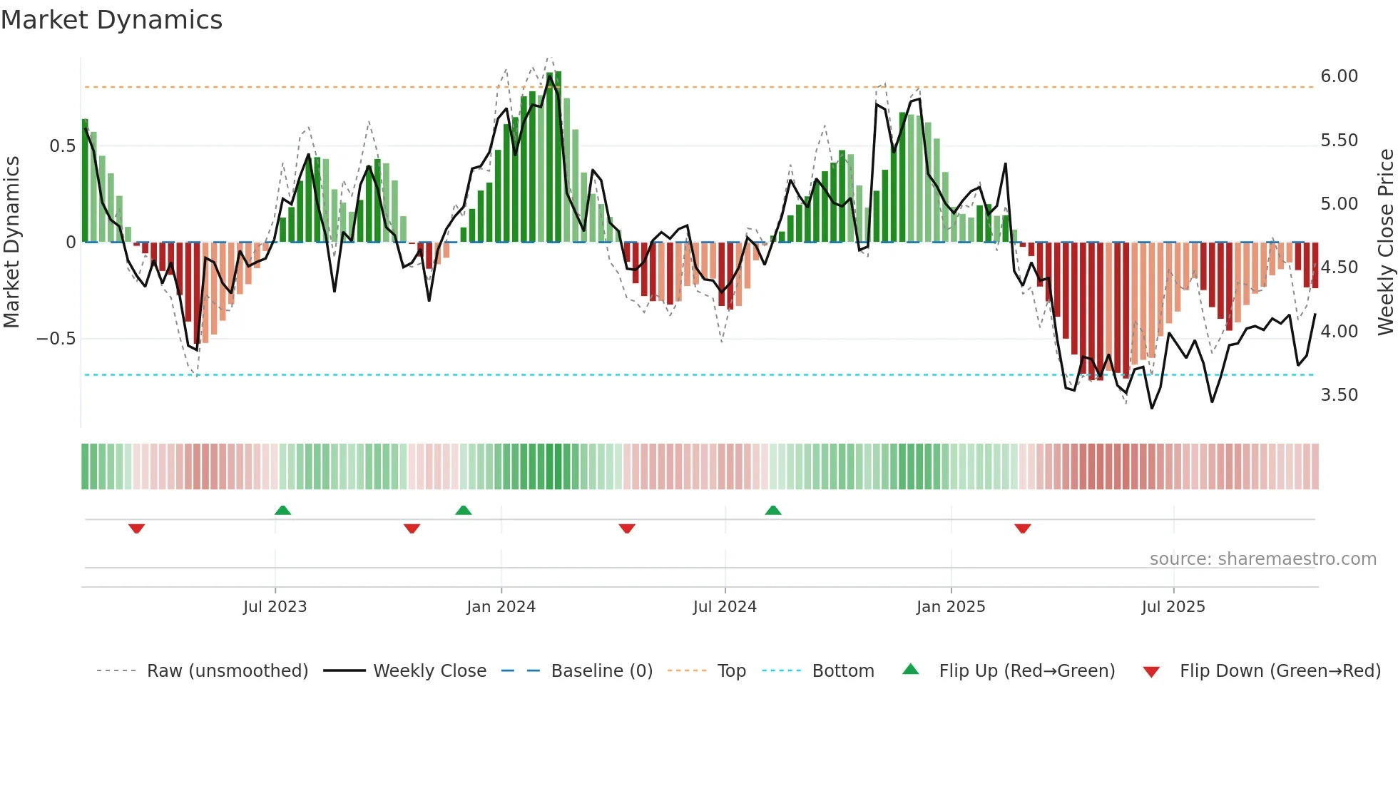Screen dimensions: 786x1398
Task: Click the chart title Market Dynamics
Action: click(x=111, y=20)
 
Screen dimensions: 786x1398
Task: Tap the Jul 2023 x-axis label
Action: click(x=275, y=607)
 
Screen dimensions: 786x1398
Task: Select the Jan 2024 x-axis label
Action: click(x=501, y=607)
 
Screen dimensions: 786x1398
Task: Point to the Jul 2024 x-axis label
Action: click(x=725, y=607)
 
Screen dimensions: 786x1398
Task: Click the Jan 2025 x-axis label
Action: click(x=951, y=607)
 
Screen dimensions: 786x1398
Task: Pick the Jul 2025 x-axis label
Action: click(x=1173, y=607)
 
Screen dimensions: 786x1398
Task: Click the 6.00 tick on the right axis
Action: click(x=1339, y=76)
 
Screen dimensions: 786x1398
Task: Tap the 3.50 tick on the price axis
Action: click(x=1339, y=395)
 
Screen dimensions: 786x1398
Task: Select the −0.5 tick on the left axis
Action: click(x=56, y=339)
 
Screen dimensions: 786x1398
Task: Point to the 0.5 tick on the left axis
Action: click(x=62, y=146)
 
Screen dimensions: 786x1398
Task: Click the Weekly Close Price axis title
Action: click(x=1385, y=242)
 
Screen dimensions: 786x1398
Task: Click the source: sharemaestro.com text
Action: click(x=1262, y=559)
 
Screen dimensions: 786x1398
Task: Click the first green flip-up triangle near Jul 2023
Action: click(x=282, y=511)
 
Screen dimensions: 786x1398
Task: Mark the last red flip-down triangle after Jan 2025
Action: click(x=1022, y=529)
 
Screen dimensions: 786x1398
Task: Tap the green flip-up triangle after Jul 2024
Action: click(x=773, y=511)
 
